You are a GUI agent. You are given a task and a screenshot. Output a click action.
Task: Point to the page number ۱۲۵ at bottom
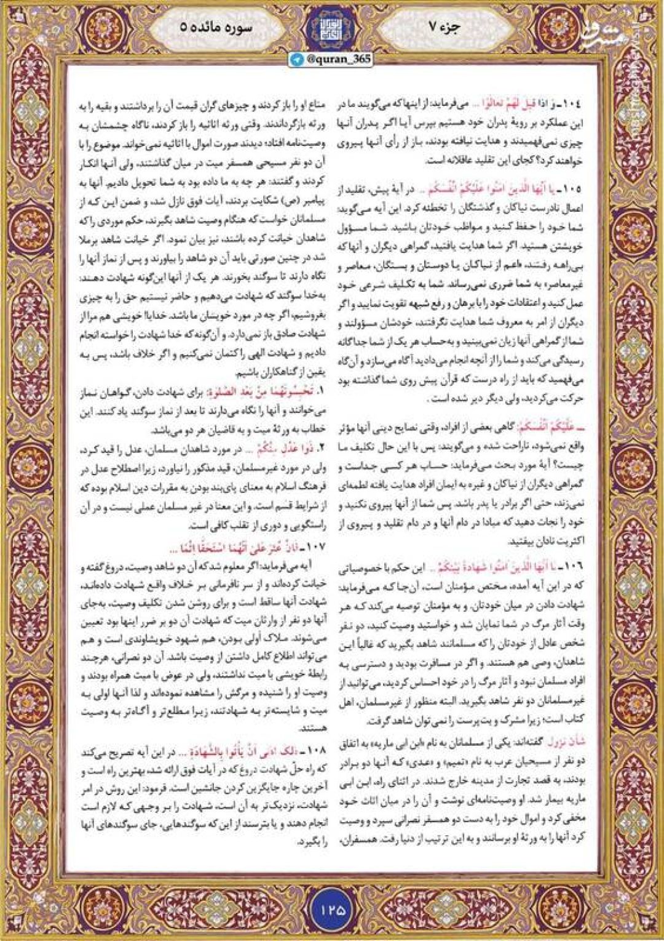(x=332, y=908)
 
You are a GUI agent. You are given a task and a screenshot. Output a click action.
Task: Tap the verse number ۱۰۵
(x=571, y=189)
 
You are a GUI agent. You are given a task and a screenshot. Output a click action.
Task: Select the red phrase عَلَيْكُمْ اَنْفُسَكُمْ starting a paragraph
(x=550, y=426)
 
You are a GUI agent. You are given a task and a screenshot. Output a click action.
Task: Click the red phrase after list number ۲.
(x=289, y=449)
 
